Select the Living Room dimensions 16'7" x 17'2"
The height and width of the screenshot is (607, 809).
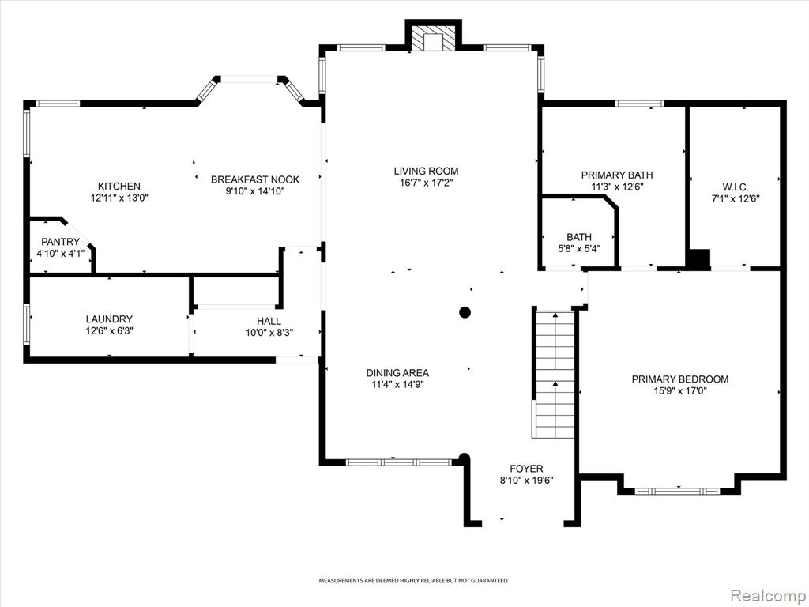click(426, 183)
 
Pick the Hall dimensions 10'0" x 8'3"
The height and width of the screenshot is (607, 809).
click(269, 333)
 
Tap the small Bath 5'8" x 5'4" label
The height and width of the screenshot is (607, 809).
click(579, 242)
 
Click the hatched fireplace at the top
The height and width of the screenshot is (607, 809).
click(434, 38)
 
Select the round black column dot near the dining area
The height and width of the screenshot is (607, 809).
click(465, 311)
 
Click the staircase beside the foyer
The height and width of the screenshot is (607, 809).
click(554, 374)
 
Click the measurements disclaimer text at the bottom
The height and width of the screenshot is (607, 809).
click(412, 581)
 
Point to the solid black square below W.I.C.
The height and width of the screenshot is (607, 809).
click(700, 258)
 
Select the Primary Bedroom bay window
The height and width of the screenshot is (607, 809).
click(677, 490)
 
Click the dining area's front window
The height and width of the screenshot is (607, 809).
click(399, 462)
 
